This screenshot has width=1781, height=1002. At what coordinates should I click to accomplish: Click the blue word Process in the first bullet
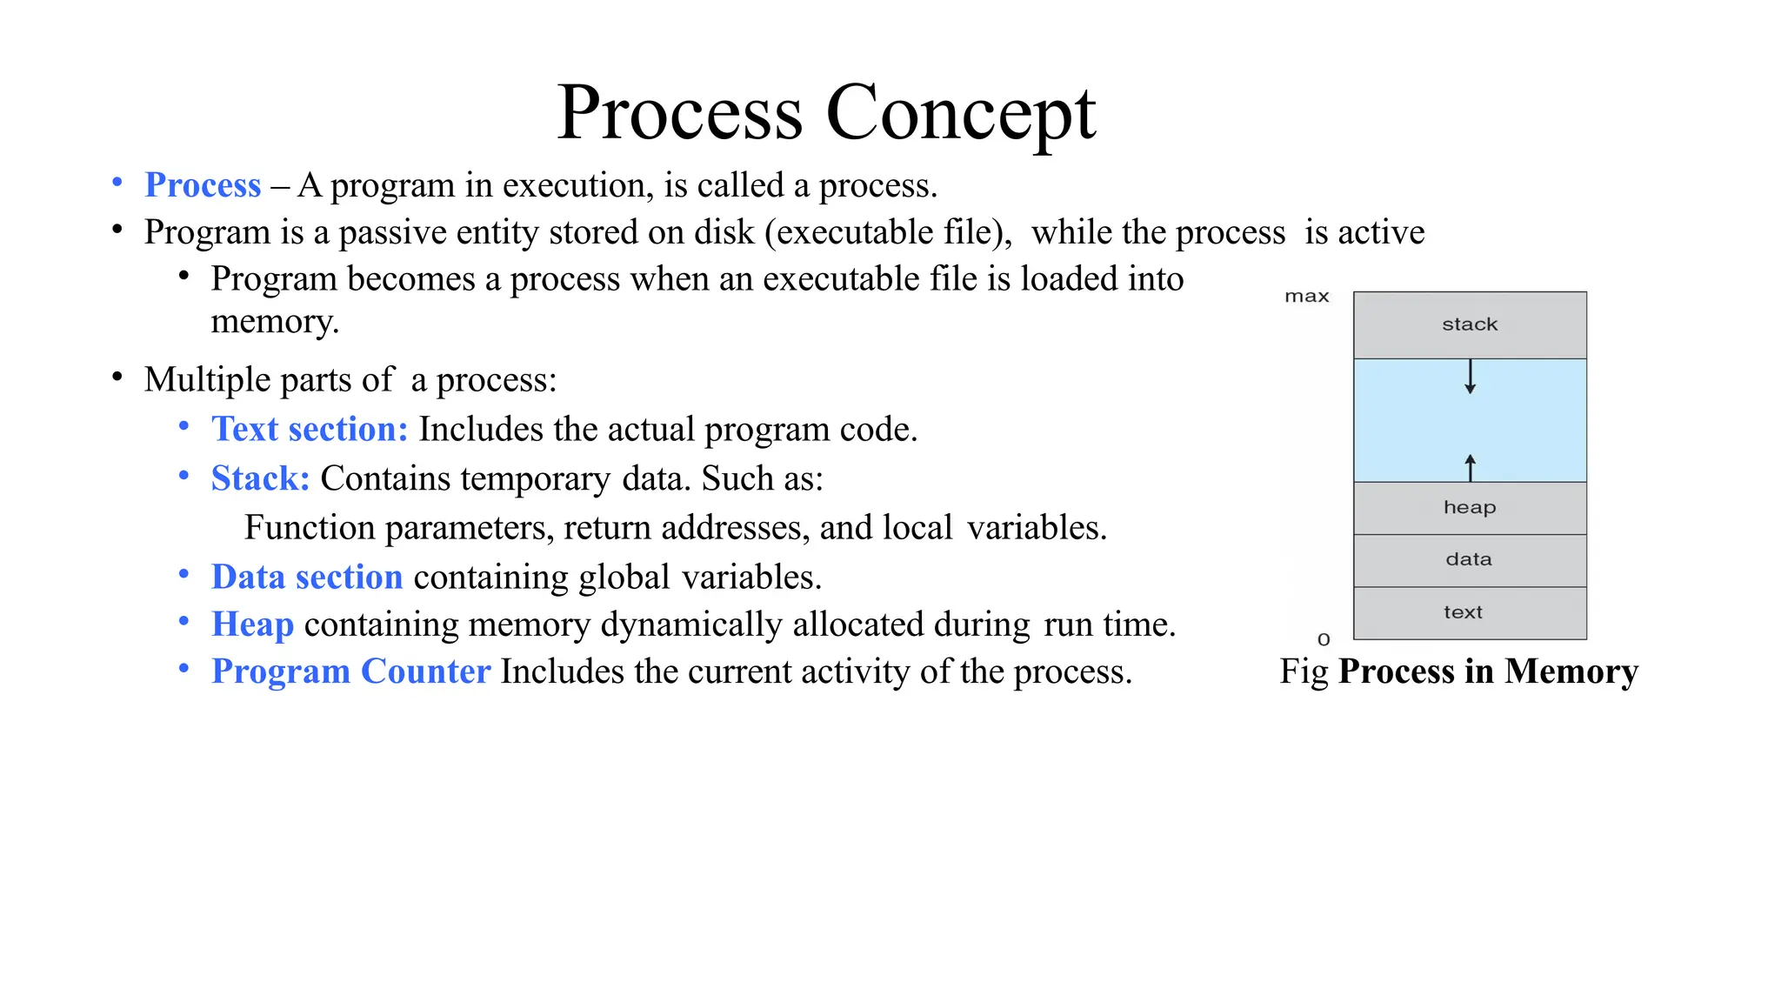tap(203, 185)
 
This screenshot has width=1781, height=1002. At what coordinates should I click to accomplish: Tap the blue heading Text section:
tap(310, 429)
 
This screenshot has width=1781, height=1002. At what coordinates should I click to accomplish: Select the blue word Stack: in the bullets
tap(260, 478)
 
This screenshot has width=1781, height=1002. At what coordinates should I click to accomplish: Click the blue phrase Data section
tap(307, 578)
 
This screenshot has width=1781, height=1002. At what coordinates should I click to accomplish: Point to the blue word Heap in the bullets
tap(252, 625)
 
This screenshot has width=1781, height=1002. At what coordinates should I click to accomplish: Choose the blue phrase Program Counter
tap(350, 671)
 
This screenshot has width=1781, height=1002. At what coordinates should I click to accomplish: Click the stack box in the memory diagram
tap(1470, 324)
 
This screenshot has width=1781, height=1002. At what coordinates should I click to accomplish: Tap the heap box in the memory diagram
tap(1470, 508)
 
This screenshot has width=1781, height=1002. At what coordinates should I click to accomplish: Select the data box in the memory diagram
tap(1470, 560)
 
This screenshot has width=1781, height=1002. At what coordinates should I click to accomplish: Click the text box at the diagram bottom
tap(1470, 613)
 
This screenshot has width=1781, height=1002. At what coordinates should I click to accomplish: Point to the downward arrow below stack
tap(1470, 377)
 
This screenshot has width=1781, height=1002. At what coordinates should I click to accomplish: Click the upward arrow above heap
tap(1470, 467)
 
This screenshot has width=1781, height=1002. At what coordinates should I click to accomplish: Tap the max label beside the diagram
tap(1306, 297)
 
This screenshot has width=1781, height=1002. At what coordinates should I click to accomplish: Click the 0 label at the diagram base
tap(1324, 639)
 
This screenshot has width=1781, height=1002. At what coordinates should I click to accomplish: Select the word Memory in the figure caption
tap(1571, 671)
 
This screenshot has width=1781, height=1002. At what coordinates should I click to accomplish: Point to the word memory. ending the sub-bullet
tap(275, 322)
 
